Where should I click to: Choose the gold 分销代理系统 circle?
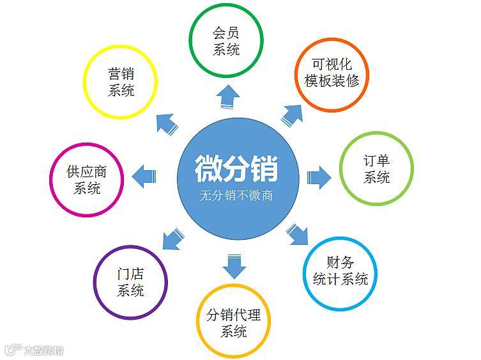tap(233, 323)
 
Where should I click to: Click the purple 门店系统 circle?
tap(130, 282)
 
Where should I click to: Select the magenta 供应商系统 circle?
tap(86, 180)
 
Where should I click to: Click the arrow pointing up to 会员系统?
tap(228, 97)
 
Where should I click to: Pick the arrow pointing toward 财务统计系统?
tap(296, 234)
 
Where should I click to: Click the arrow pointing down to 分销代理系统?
tap(235, 265)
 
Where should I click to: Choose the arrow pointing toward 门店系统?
tap(172, 238)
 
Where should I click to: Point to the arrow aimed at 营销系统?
tap(167, 123)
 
